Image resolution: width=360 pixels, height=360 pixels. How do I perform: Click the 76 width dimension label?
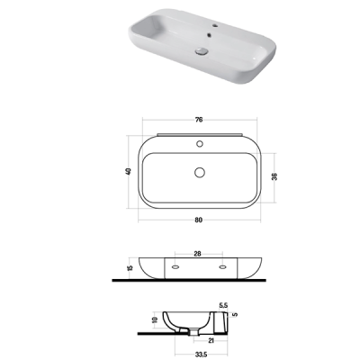pos(199,120)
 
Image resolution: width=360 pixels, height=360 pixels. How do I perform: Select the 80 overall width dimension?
pos(199,220)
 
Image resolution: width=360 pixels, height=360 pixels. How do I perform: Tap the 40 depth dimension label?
pos(129,172)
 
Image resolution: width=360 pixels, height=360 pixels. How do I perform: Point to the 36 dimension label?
pos(274,176)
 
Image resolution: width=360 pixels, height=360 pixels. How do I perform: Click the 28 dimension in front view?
pos(197,254)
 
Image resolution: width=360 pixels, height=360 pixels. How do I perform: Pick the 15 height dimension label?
pos(130,268)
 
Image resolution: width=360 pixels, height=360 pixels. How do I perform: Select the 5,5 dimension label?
pos(223,305)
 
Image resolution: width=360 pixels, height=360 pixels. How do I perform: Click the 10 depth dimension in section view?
pos(155,319)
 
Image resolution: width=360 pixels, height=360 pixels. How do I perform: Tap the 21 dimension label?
pos(211,340)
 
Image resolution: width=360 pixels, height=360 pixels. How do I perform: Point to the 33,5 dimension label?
pos(201,355)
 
